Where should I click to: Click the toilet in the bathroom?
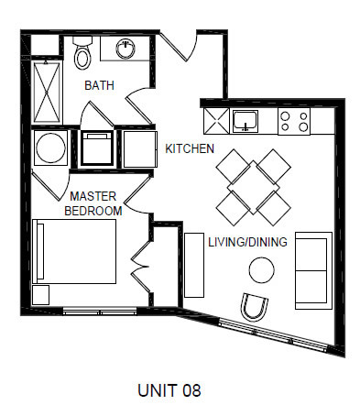(x=82, y=52)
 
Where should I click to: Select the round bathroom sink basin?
(x=125, y=49)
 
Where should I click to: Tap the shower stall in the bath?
(x=47, y=92)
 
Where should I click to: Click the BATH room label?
(x=99, y=85)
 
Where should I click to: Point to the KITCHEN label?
(x=190, y=148)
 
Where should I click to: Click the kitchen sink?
(x=245, y=121)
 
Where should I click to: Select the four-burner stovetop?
(x=294, y=121)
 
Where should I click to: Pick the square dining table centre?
(x=253, y=187)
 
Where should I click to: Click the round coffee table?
(x=261, y=270)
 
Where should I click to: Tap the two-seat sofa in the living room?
(x=313, y=270)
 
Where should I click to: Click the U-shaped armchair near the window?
(x=254, y=308)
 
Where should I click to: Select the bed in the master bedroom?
(x=74, y=251)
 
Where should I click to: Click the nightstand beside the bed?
(x=40, y=295)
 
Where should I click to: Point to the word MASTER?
(x=93, y=196)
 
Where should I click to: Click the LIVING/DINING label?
(x=247, y=242)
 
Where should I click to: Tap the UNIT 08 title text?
(x=169, y=390)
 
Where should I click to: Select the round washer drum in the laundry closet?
(x=50, y=148)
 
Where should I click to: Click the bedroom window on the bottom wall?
(x=100, y=312)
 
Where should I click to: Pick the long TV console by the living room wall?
(x=194, y=265)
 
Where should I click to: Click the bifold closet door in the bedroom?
(x=141, y=267)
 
